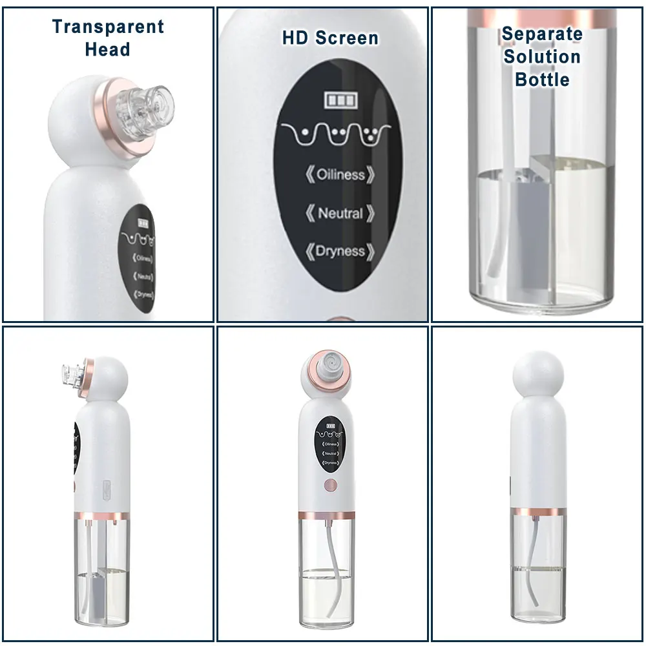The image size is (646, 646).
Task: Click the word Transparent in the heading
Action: click(x=108, y=27)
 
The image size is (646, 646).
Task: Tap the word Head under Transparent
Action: click(x=107, y=49)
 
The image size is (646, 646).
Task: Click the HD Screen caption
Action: click(x=330, y=38)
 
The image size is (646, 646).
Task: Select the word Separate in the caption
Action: click(x=542, y=34)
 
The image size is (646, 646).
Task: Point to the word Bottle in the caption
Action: click(x=542, y=79)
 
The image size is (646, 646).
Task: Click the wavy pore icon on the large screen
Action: click(x=335, y=134)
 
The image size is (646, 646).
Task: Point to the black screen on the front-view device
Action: click(x=330, y=444)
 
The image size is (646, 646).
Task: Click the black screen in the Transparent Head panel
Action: click(x=137, y=258)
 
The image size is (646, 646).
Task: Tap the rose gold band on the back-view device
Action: click(x=539, y=511)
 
